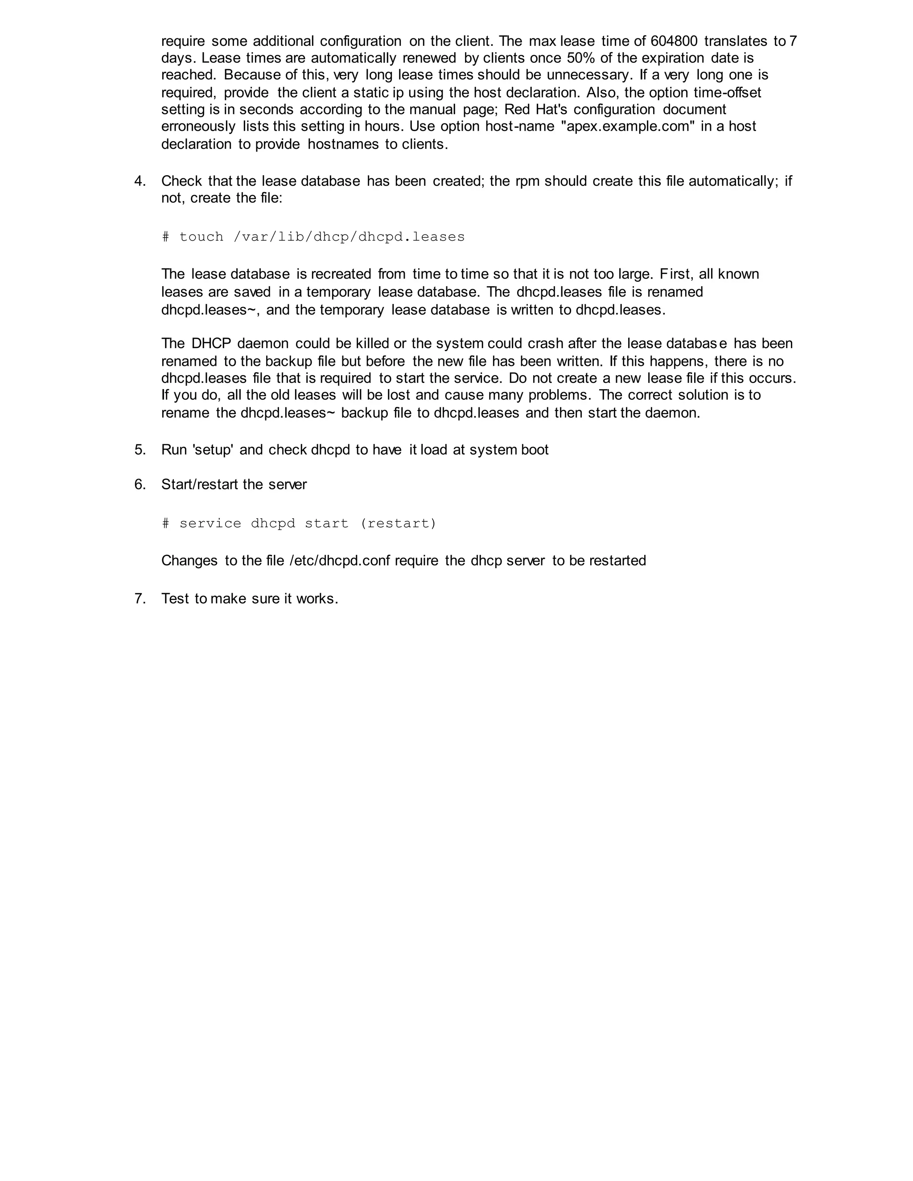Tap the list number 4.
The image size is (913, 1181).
pyautogui.click(x=140, y=181)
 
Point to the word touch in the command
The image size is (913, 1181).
pyautogui.click(x=201, y=237)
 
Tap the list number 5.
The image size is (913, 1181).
pyautogui.click(x=140, y=450)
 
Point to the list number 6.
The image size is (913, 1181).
pyautogui.click(x=140, y=484)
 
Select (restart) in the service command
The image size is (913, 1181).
pyautogui.click(x=398, y=524)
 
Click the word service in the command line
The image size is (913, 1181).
pyautogui.click(x=210, y=524)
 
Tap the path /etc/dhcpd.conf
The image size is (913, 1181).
pyautogui.click(x=340, y=560)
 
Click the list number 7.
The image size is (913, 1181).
pyautogui.click(x=140, y=599)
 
